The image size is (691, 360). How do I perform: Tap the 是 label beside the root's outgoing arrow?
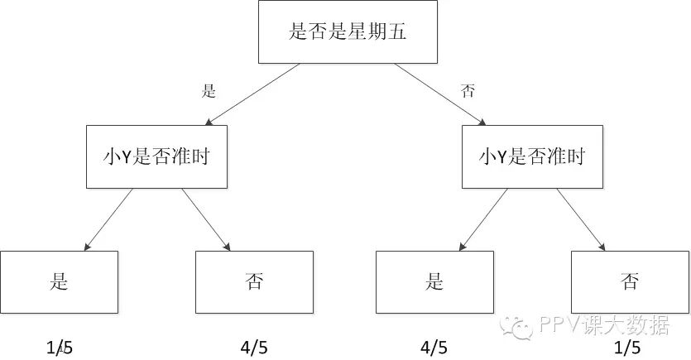pos(209,91)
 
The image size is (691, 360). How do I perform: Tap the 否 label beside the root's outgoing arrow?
pos(468,91)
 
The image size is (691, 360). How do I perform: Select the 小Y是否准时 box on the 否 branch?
pos(532,156)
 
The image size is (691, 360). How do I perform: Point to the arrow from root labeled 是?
pos(252,94)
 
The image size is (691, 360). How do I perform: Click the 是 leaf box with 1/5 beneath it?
pos(59,281)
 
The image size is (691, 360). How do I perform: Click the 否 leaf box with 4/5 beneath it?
pos(254,281)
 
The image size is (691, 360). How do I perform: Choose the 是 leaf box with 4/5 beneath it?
pos(434,281)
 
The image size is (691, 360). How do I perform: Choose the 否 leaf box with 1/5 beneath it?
pos(630,281)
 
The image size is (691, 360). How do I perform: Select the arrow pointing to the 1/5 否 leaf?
pos(581,218)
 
